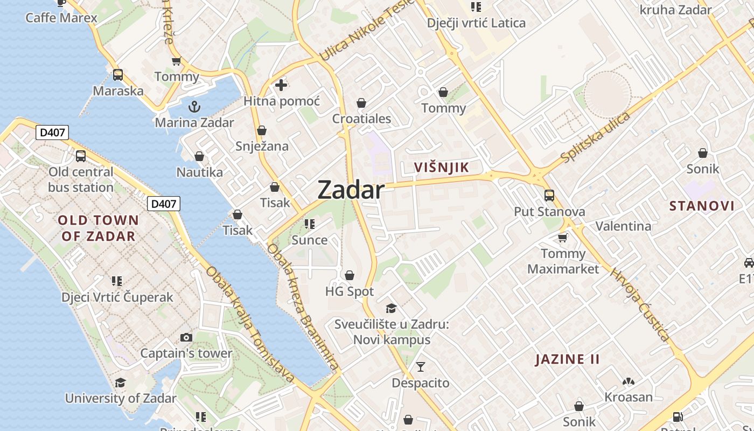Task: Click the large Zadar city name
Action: coord(351,190)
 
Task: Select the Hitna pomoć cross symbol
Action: coord(281,85)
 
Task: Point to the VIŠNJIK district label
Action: coord(442,168)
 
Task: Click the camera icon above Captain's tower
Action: coord(186,337)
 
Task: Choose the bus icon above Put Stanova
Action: coord(549,195)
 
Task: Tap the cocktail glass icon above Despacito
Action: coord(421,367)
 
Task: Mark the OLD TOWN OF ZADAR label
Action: coord(98,228)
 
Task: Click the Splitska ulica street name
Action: coord(595,137)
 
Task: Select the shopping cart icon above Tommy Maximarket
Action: coord(563,237)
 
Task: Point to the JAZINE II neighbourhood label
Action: coord(567,359)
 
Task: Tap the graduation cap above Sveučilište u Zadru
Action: coord(392,308)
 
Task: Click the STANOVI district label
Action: coord(702,205)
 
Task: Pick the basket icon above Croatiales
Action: coord(361,102)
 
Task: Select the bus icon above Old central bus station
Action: coord(81,156)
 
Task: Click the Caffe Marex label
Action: coord(61,18)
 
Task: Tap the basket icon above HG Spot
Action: coord(350,275)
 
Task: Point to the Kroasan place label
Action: coord(629,397)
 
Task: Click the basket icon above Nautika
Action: coord(199,156)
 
